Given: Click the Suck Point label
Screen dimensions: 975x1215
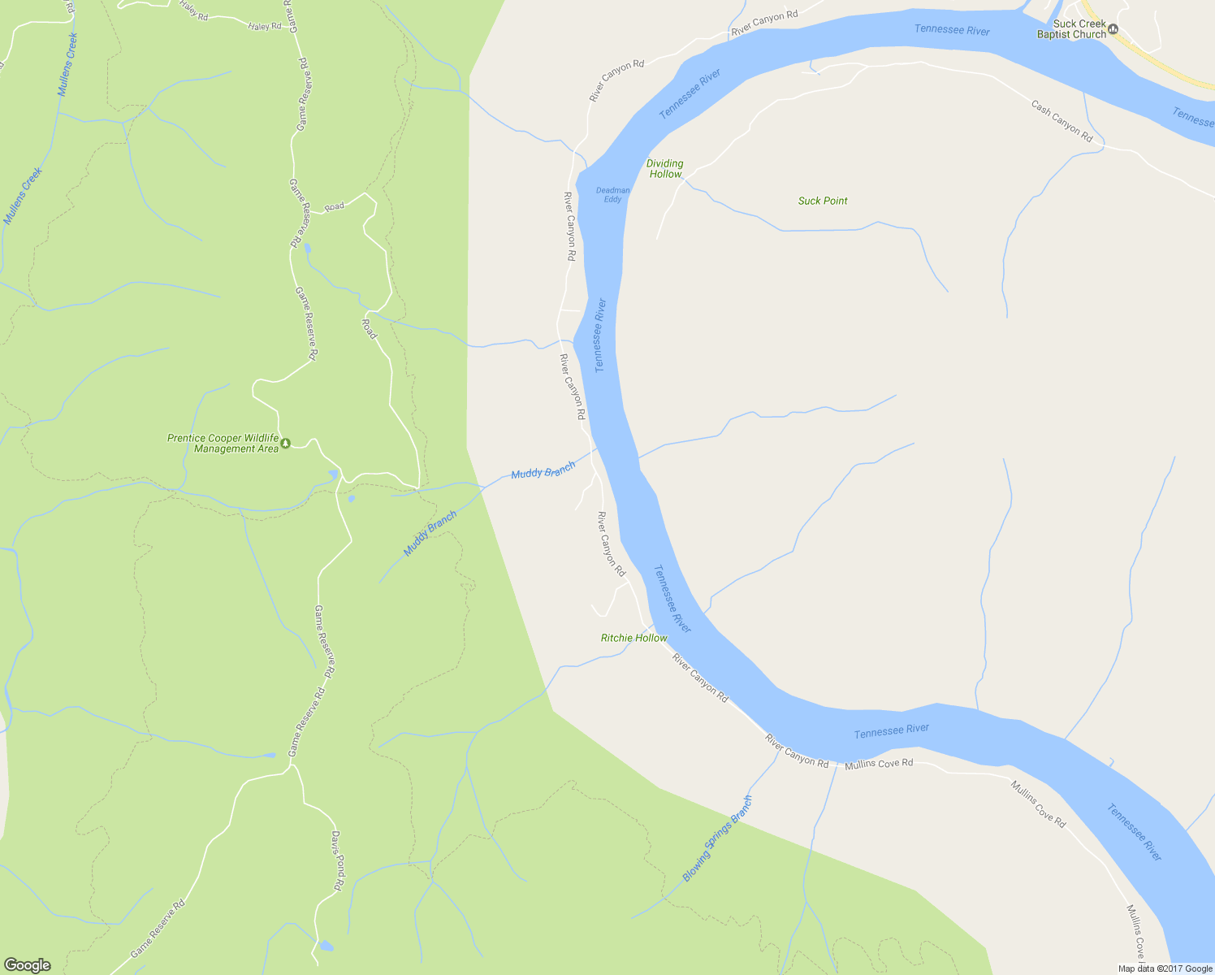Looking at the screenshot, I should (823, 201).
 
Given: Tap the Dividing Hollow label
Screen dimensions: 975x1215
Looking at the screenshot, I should (665, 169).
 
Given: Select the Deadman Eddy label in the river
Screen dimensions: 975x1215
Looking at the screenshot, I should (612, 195).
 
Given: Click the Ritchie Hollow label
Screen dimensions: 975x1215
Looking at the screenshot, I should (633, 638).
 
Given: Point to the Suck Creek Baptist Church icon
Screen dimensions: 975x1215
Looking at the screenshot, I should (1113, 30).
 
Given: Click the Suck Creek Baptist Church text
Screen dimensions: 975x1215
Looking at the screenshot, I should (1071, 29).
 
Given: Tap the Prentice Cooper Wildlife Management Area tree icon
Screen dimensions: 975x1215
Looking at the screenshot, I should (285, 443).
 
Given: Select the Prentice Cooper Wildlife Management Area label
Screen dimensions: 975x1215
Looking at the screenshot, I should (223, 444).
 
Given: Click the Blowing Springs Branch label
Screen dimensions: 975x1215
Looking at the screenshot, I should (718, 838).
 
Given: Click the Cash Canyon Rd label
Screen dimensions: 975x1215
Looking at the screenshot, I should (1062, 121).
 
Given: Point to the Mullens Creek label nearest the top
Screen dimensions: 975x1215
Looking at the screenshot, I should (67, 64).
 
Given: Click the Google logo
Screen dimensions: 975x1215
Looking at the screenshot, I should (27, 965).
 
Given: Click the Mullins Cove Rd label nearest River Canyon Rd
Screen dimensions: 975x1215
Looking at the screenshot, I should (879, 765).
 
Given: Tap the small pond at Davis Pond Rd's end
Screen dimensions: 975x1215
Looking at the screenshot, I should (325, 946).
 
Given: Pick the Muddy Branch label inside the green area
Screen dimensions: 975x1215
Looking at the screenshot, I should (430, 534).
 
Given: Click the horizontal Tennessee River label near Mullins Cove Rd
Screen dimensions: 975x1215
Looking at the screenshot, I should (891, 731).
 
